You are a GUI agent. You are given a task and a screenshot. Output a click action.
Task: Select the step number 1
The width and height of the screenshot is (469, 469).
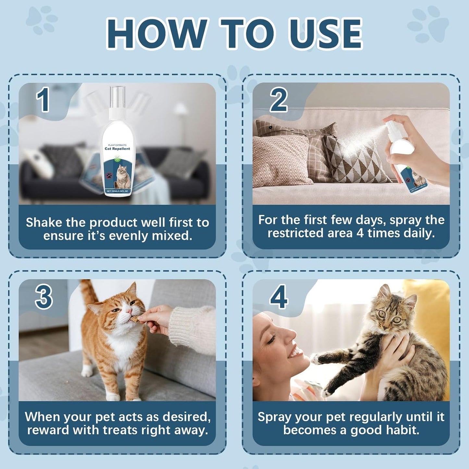pyautogui.click(x=43, y=100)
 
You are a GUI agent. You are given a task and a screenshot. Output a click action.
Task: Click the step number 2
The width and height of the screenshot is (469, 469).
pyautogui.click(x=278, y=100)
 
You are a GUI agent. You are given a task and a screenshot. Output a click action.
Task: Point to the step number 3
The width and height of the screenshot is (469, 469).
pyautogui.click(x=44, y=297)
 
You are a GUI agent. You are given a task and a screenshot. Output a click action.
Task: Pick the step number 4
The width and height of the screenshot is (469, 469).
pyautogui.click(x=278, y=297)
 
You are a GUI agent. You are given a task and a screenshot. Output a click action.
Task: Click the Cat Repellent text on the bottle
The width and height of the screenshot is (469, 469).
pyautogui.click(x=117, y=149)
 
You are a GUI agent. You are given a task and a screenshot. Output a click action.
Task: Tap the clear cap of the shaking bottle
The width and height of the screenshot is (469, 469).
pyautogui.click(x=117, y=97)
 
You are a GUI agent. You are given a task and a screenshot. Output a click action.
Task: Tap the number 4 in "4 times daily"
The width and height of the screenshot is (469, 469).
pyautogui.click(x=360, y=233)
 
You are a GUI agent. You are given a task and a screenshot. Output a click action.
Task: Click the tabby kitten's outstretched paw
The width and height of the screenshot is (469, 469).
pyautogui.click(x=316, y=358)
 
